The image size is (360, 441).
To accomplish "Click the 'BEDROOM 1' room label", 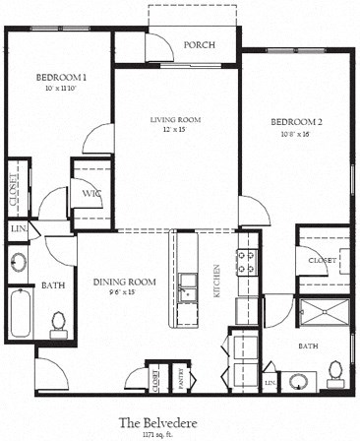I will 62,77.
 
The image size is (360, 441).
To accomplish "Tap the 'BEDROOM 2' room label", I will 294,121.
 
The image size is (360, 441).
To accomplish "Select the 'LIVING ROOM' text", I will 175,119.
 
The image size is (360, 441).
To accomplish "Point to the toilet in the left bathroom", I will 59,322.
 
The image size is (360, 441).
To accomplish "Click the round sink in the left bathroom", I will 19,264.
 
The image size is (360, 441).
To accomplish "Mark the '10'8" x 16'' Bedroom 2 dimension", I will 294,133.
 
